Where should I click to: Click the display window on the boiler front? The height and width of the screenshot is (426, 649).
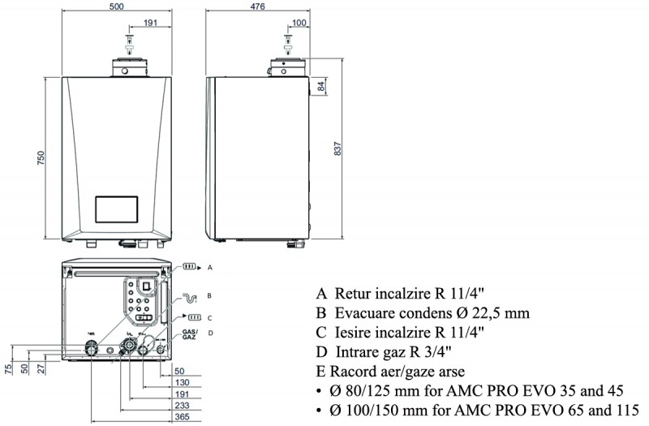click(119, 210)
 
